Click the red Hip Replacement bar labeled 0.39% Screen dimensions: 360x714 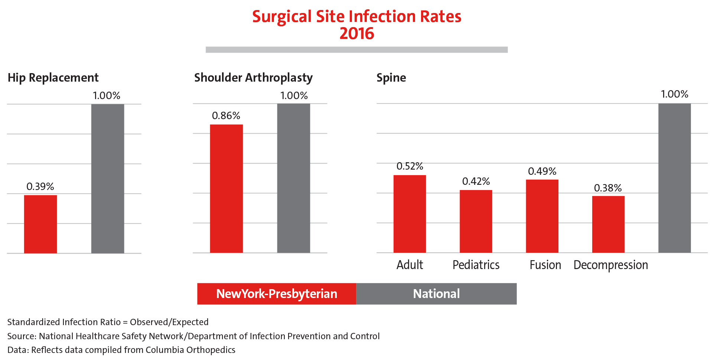coord(40,224)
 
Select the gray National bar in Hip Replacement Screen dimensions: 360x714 coord(108,179)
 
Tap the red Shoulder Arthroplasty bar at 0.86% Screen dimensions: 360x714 coord(226,189)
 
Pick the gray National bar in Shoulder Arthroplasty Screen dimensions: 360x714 coord(294,178)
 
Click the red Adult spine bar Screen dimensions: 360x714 coord(410,214)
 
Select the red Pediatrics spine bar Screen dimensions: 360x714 coord(476,221)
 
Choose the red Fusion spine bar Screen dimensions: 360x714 coord(542,216)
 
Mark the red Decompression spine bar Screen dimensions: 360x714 coord(609,224)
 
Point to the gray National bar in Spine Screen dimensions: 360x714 coord(675,178)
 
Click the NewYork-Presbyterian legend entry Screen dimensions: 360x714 coord(277,294)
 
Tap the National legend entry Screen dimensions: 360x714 coord(436,294)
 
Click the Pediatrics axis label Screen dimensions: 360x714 coord(476,265)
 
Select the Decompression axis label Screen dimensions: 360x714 coord(611,265)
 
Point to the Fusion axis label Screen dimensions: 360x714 coord(545,265)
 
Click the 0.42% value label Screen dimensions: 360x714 coord(476,181)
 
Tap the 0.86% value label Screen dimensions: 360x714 coord(226,116)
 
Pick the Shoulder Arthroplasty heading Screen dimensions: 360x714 coord(253,78)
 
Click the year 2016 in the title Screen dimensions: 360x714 coord(357,34)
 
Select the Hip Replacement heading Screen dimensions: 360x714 coord(53,78)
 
